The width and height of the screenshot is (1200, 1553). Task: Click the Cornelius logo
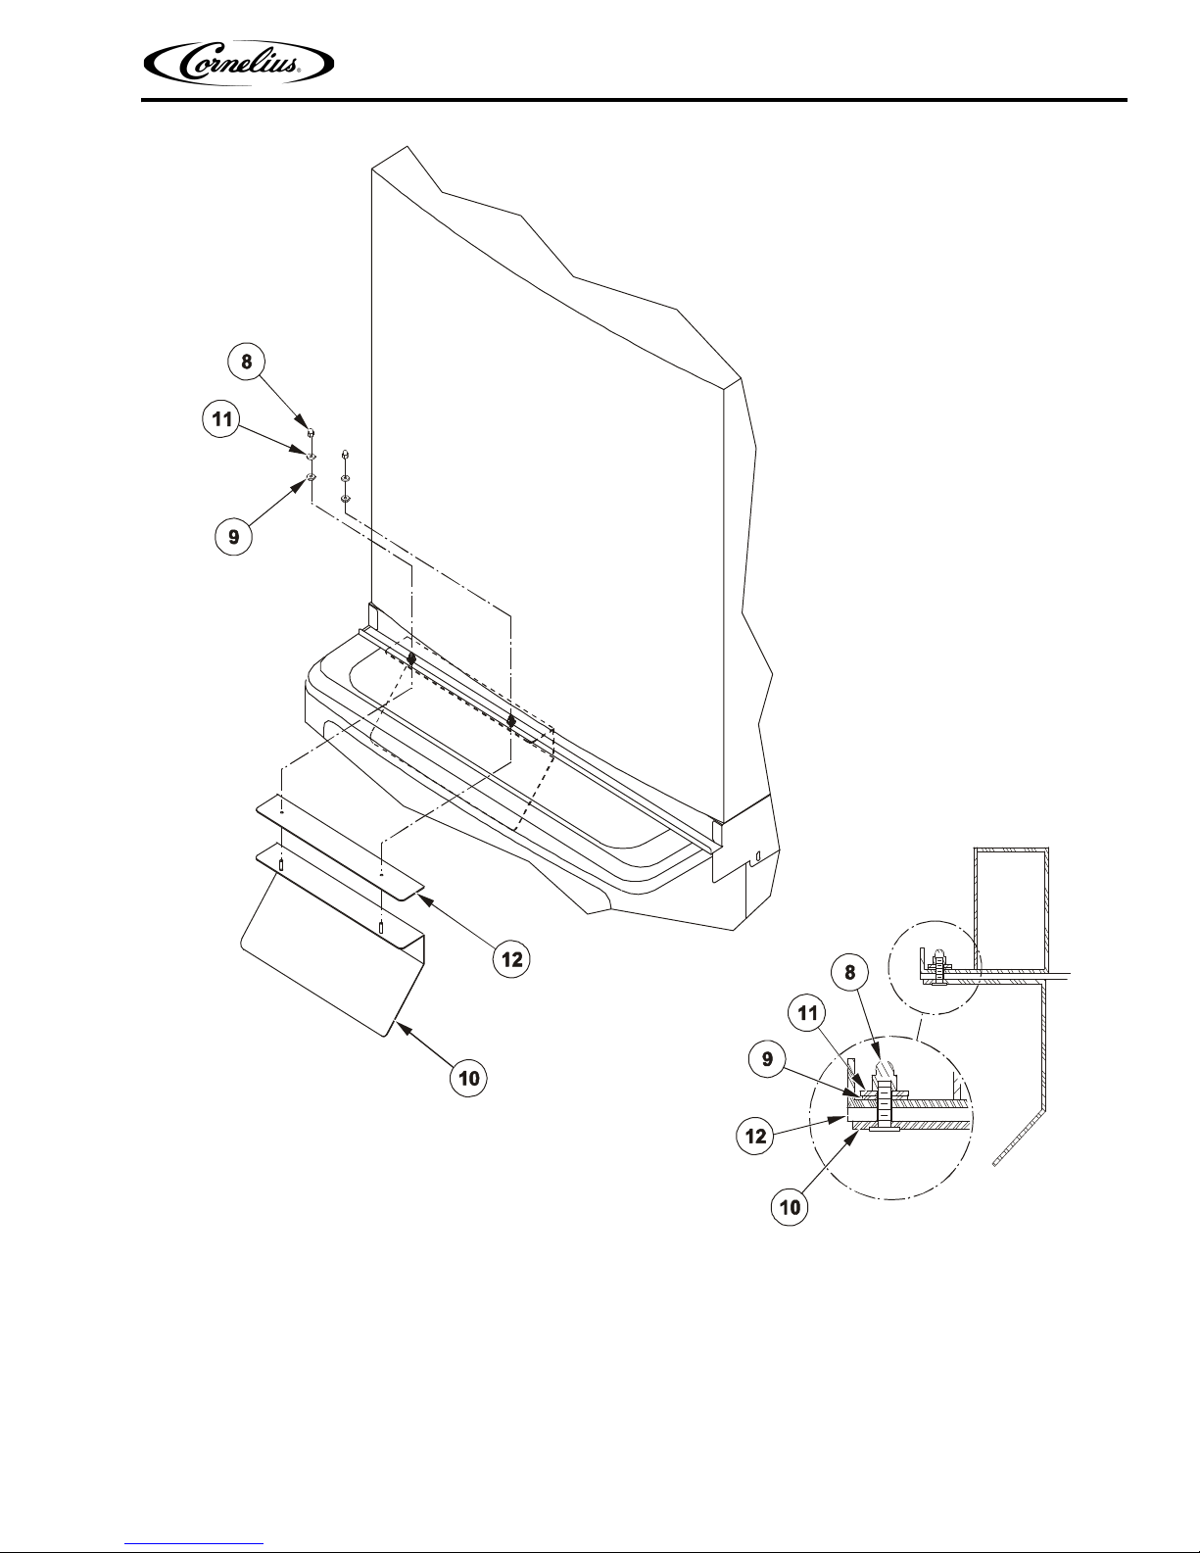(x=239, y=64)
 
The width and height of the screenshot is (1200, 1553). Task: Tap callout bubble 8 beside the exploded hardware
(x=247, y=362)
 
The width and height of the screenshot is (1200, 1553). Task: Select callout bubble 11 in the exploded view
(x=221, y=418)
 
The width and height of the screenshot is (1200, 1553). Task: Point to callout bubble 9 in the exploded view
(x=233, y=536)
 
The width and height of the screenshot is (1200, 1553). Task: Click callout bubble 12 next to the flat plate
(x=512, y=959)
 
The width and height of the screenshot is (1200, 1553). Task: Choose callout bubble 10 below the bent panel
(x=468, y=1078)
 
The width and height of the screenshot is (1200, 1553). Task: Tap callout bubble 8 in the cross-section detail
(x=850, y=972)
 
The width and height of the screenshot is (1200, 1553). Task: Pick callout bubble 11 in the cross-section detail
(x=807, y=1013)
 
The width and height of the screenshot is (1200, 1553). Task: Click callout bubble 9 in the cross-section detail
(x=767, y=1058)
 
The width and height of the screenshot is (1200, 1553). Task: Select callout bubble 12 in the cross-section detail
(x=755, y=1137)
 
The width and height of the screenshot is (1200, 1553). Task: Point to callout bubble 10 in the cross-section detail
(x=790, y=1207)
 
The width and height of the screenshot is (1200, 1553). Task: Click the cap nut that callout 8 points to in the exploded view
(x=311, y=432)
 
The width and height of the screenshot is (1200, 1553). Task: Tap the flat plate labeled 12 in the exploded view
(x=340, y=847)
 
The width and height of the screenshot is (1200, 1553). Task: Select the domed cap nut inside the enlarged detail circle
(x=886, y=1071)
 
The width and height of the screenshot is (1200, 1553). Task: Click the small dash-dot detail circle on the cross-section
(x=935, y=967)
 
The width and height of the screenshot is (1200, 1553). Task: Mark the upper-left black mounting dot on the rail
(x=411, y=658)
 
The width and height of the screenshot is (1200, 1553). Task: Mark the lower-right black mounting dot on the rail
(x=510, y=720)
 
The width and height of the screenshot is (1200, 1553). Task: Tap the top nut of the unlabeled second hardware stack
(x=345, y=454)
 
